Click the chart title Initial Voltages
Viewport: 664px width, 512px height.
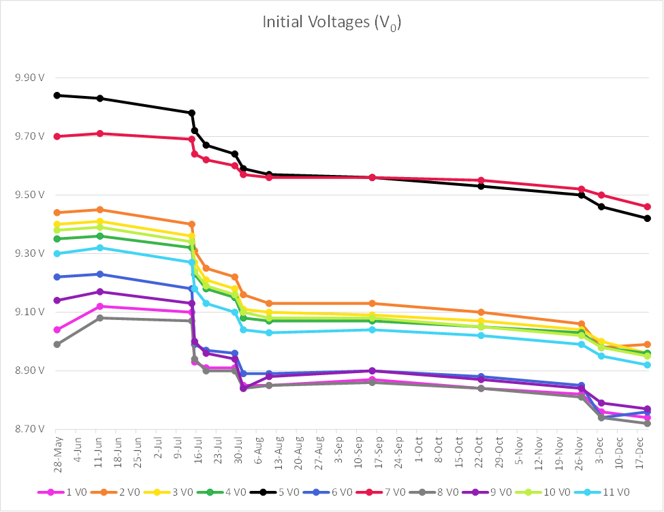click(332, 23)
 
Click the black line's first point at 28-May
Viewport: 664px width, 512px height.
click(57, 95)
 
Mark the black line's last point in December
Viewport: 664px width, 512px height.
click(647, 219)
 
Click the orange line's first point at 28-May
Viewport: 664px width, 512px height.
click(57, 212)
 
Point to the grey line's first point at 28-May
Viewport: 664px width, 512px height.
click(57, 345)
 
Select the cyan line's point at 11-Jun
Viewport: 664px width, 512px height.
click(100, 248)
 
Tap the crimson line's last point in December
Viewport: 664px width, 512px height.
click(647, 206)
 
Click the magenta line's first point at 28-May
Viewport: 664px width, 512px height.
click(57, 330)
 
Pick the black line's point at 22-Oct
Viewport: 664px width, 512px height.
click(481, 186)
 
